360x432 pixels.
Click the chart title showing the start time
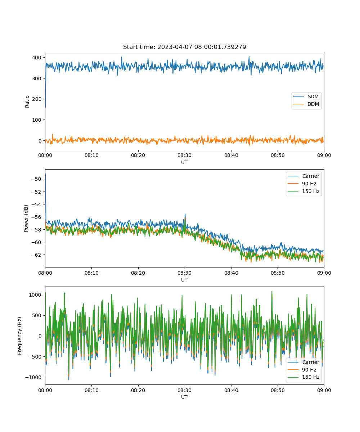click(x=184, y=47)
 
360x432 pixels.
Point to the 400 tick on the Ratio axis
click(x=37, y=58)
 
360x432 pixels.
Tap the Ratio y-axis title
click(x=27, y=102)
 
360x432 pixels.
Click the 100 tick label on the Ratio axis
click(x=37, y=120)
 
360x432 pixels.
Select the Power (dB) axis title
click(x=26, y=218)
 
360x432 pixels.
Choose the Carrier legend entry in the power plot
click(x=303, y=176)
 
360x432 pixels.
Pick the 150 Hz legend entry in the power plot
click(x=303, y=191)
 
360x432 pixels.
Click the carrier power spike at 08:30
click(x=185, y=214)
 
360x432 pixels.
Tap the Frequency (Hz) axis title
click(x=20, y=336)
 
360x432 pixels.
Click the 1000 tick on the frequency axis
click(x=35, y=295)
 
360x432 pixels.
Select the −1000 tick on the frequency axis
click(x=33, y=377)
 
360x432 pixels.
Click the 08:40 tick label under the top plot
click(x=231, y=155)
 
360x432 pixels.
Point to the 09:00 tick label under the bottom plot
click(x=324, y=390)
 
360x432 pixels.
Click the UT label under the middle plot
click(x=184, y=280)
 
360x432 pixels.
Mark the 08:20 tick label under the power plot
click(x=138, y=273)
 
